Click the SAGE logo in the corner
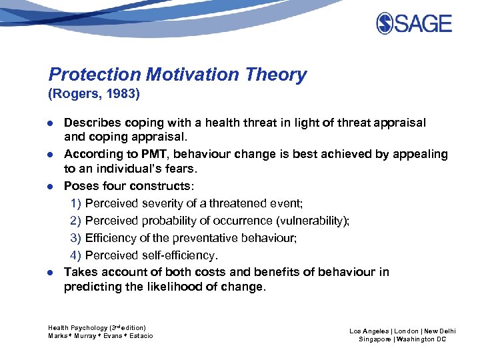[413, 24]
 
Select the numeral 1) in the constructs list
[76, 203]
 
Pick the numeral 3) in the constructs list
[76, 238]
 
